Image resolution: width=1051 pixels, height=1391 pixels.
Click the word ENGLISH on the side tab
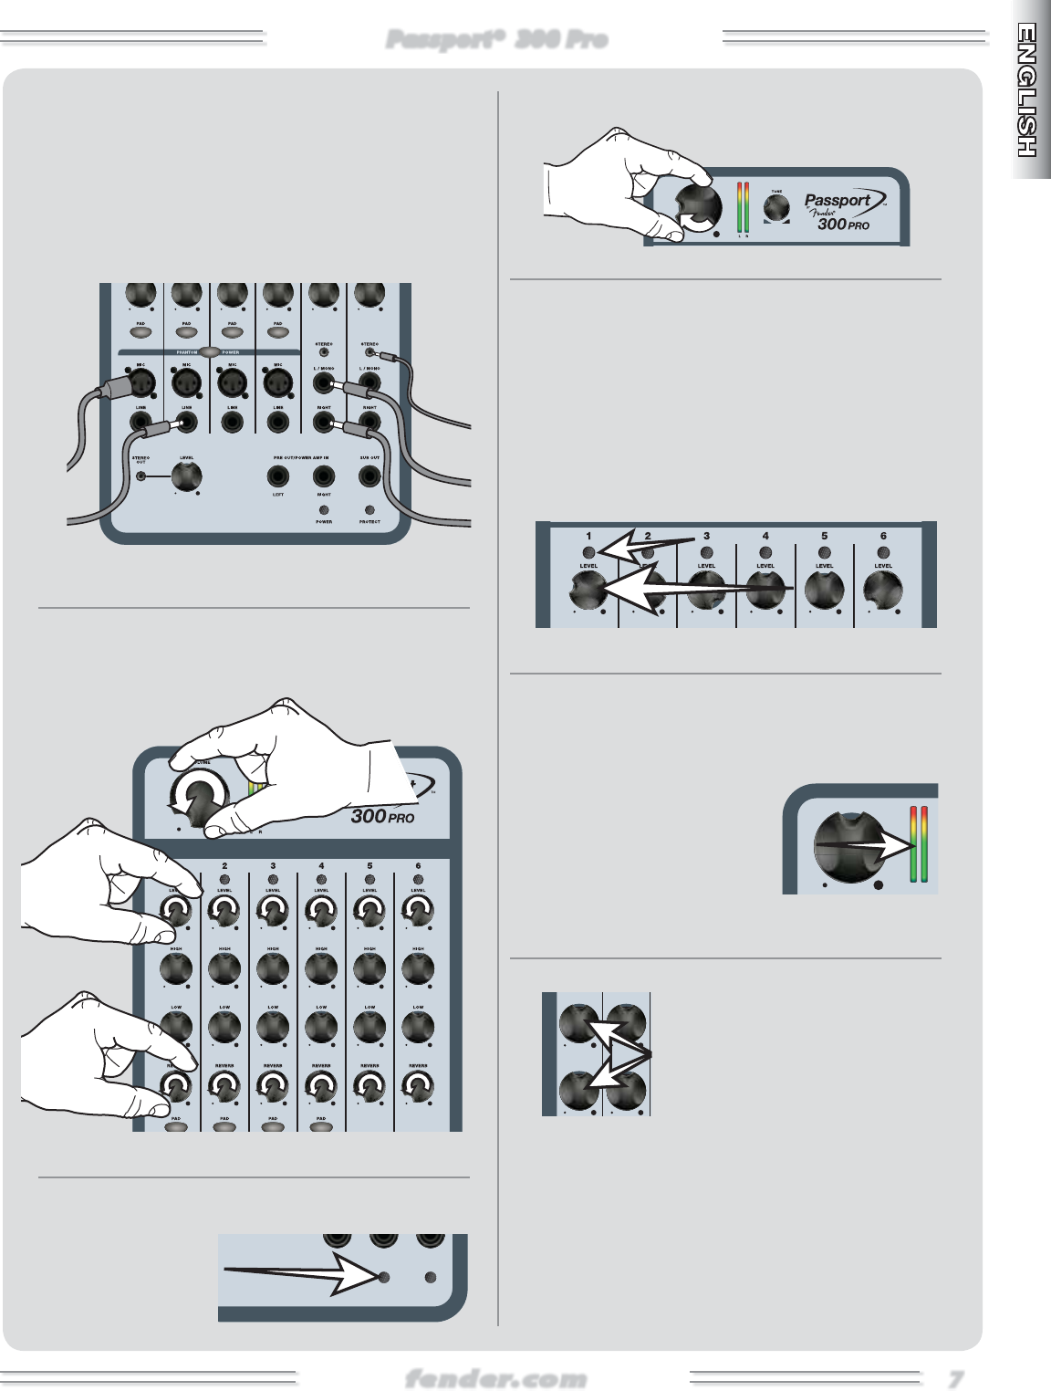1028,91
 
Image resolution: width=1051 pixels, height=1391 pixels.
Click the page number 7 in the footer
955,1377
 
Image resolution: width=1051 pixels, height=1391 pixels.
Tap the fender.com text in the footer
495,1377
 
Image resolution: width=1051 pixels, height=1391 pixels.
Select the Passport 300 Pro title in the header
497,39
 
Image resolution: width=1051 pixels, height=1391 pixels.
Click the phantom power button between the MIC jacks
210,351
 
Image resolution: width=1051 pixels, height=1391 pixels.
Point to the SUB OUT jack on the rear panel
369,476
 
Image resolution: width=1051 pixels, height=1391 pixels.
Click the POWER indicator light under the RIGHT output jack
324,510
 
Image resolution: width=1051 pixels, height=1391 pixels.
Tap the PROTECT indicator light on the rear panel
369,510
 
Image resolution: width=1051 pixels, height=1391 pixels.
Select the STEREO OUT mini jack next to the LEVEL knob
140,475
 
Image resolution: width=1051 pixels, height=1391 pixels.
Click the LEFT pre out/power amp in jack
278,476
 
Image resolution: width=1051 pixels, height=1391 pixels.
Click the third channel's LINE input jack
233,423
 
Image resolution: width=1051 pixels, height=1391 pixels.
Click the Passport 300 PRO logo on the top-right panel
837,212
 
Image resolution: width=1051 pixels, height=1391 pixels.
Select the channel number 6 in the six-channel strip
883,536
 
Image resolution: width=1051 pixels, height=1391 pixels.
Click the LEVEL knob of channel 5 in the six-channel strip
825,591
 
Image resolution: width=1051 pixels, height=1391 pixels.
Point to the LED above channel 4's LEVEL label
765,552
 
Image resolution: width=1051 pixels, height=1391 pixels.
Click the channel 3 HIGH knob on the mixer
273,969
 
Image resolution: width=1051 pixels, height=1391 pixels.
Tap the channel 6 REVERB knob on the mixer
418,1086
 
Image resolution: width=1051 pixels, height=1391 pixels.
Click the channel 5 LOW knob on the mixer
369,1027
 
